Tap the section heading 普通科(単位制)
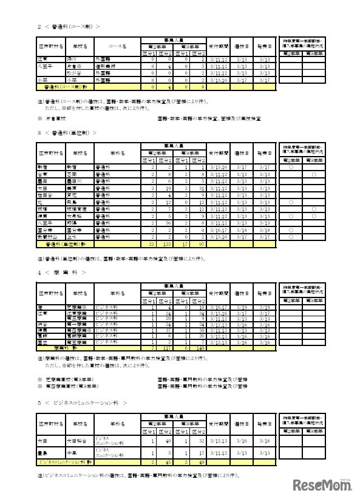pos(66,132)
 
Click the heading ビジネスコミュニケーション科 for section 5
pos(82,402)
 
